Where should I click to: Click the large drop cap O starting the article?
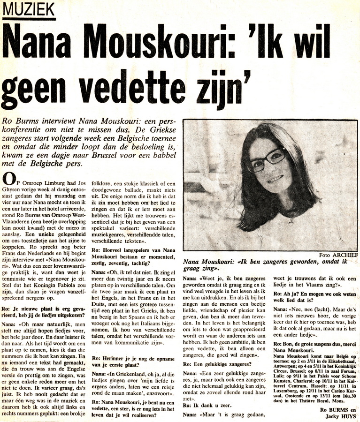pyautogui.click(x=8, y=178)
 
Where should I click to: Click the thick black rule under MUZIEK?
pyautogui.click(x=29, y=19)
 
